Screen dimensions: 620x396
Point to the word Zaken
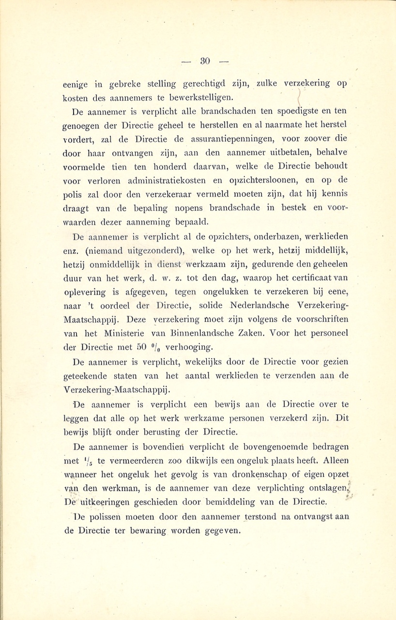pos(251,334)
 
